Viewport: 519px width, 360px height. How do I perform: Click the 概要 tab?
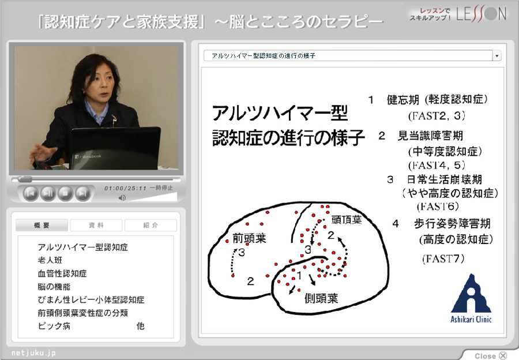(42, 225)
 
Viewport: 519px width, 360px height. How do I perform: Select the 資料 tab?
(96, 225)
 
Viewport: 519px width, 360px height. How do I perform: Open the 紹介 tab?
(151, 225)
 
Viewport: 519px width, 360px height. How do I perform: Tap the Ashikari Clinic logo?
(471, 298)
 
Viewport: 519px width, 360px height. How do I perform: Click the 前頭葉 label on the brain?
(249, 238)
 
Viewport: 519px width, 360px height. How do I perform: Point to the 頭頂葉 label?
(347, 220)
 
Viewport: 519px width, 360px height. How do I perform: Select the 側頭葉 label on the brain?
(321, 298)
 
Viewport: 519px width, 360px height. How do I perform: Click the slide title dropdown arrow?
(497, 55)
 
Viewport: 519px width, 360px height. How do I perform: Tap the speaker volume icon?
(122, 198)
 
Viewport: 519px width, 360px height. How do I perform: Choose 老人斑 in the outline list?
(50, 260)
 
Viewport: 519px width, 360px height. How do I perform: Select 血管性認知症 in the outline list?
(62, 273)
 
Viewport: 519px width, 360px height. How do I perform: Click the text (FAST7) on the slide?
(443, 258)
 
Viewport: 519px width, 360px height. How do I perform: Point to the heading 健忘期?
(403, 99)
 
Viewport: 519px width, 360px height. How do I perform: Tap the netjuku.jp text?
(33, 352)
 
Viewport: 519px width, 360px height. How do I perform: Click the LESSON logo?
(482, 14)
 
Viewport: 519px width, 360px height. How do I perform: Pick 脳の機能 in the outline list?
(54, 287)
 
